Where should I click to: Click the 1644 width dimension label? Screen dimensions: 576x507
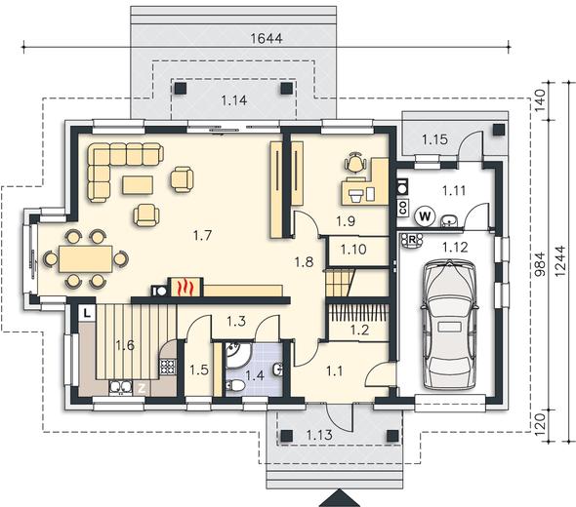click(267, 38)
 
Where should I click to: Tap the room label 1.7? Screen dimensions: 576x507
click(203, 235)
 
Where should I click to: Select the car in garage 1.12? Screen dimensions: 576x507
click(450, 325)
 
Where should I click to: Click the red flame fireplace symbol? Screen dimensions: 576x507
click(185, 287)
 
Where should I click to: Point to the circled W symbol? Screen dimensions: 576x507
click(426, 216)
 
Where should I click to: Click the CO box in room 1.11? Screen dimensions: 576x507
click(403, 208)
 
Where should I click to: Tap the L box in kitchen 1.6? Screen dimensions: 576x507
click(87, 313)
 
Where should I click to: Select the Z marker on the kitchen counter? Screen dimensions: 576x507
click(142, 389)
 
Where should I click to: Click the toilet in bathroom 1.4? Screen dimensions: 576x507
click(235, 385)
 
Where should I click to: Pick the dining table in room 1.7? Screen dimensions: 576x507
click(86, 259)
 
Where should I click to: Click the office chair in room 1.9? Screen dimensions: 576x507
click(355, 162)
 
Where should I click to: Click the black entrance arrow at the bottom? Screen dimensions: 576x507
click(337, 498)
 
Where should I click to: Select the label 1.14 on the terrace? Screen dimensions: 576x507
click(234, 100)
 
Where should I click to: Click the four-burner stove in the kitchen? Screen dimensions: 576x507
click(168, 367)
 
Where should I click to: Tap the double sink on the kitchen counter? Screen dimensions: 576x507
click(120, 387)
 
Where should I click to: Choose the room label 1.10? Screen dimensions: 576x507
click(353, 250)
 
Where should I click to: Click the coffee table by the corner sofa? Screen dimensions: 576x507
click(138, 185)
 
